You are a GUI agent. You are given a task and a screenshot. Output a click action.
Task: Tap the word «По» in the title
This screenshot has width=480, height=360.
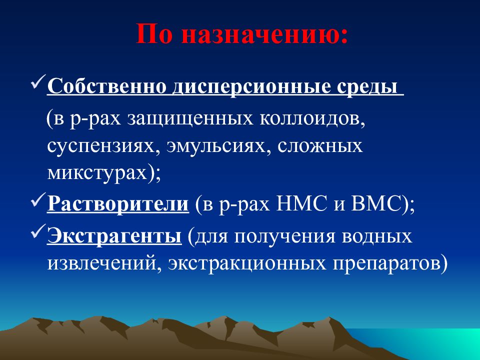154,33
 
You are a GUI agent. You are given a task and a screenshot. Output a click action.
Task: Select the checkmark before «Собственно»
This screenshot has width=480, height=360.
38,81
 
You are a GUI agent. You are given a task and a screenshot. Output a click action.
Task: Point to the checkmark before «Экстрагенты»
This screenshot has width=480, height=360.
38,231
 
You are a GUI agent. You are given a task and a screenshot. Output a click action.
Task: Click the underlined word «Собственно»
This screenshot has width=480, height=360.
107,86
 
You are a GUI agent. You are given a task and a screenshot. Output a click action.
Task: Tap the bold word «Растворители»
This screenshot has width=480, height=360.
118,204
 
